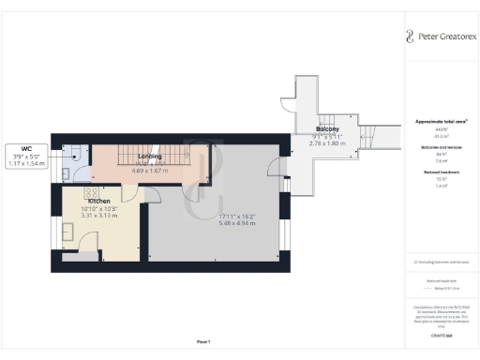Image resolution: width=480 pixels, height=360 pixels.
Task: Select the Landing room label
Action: click(x=151, y=157)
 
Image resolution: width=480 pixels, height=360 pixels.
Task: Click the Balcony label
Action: click(x=327, y=129)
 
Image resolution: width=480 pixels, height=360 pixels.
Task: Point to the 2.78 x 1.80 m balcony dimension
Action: click(x=327, y=143)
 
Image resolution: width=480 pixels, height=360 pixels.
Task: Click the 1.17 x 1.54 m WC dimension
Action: click(x=27, y=164)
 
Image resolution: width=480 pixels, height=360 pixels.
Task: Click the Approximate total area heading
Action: click(x=441, y=122)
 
